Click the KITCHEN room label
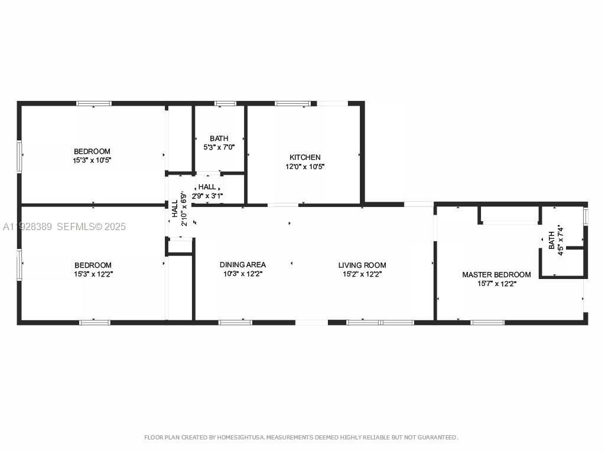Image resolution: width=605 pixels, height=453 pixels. [305, 157]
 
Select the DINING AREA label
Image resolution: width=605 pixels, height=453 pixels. [242, 265]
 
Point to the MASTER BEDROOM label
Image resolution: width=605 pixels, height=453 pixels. [496, 275]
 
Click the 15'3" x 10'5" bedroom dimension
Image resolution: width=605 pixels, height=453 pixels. [92, 160]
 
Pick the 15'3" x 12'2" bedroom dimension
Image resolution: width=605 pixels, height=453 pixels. [93, 274]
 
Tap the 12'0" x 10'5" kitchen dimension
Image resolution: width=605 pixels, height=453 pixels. [305, 166]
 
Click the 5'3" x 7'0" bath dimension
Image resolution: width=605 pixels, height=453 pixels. [219, 147]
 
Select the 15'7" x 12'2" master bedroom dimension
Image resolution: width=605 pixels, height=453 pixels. [496, 284]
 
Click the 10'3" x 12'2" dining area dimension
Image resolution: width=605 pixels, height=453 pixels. [242, 274]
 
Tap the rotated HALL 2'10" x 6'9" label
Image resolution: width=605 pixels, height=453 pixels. [179, 209]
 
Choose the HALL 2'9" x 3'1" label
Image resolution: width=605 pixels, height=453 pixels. [207, 191]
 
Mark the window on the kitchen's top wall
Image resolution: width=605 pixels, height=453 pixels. [292, 104]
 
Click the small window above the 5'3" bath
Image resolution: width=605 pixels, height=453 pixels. [225, 104]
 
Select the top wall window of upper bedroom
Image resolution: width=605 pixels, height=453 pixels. [93, 104]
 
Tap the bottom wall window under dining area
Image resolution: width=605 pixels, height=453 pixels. [235, 322]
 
